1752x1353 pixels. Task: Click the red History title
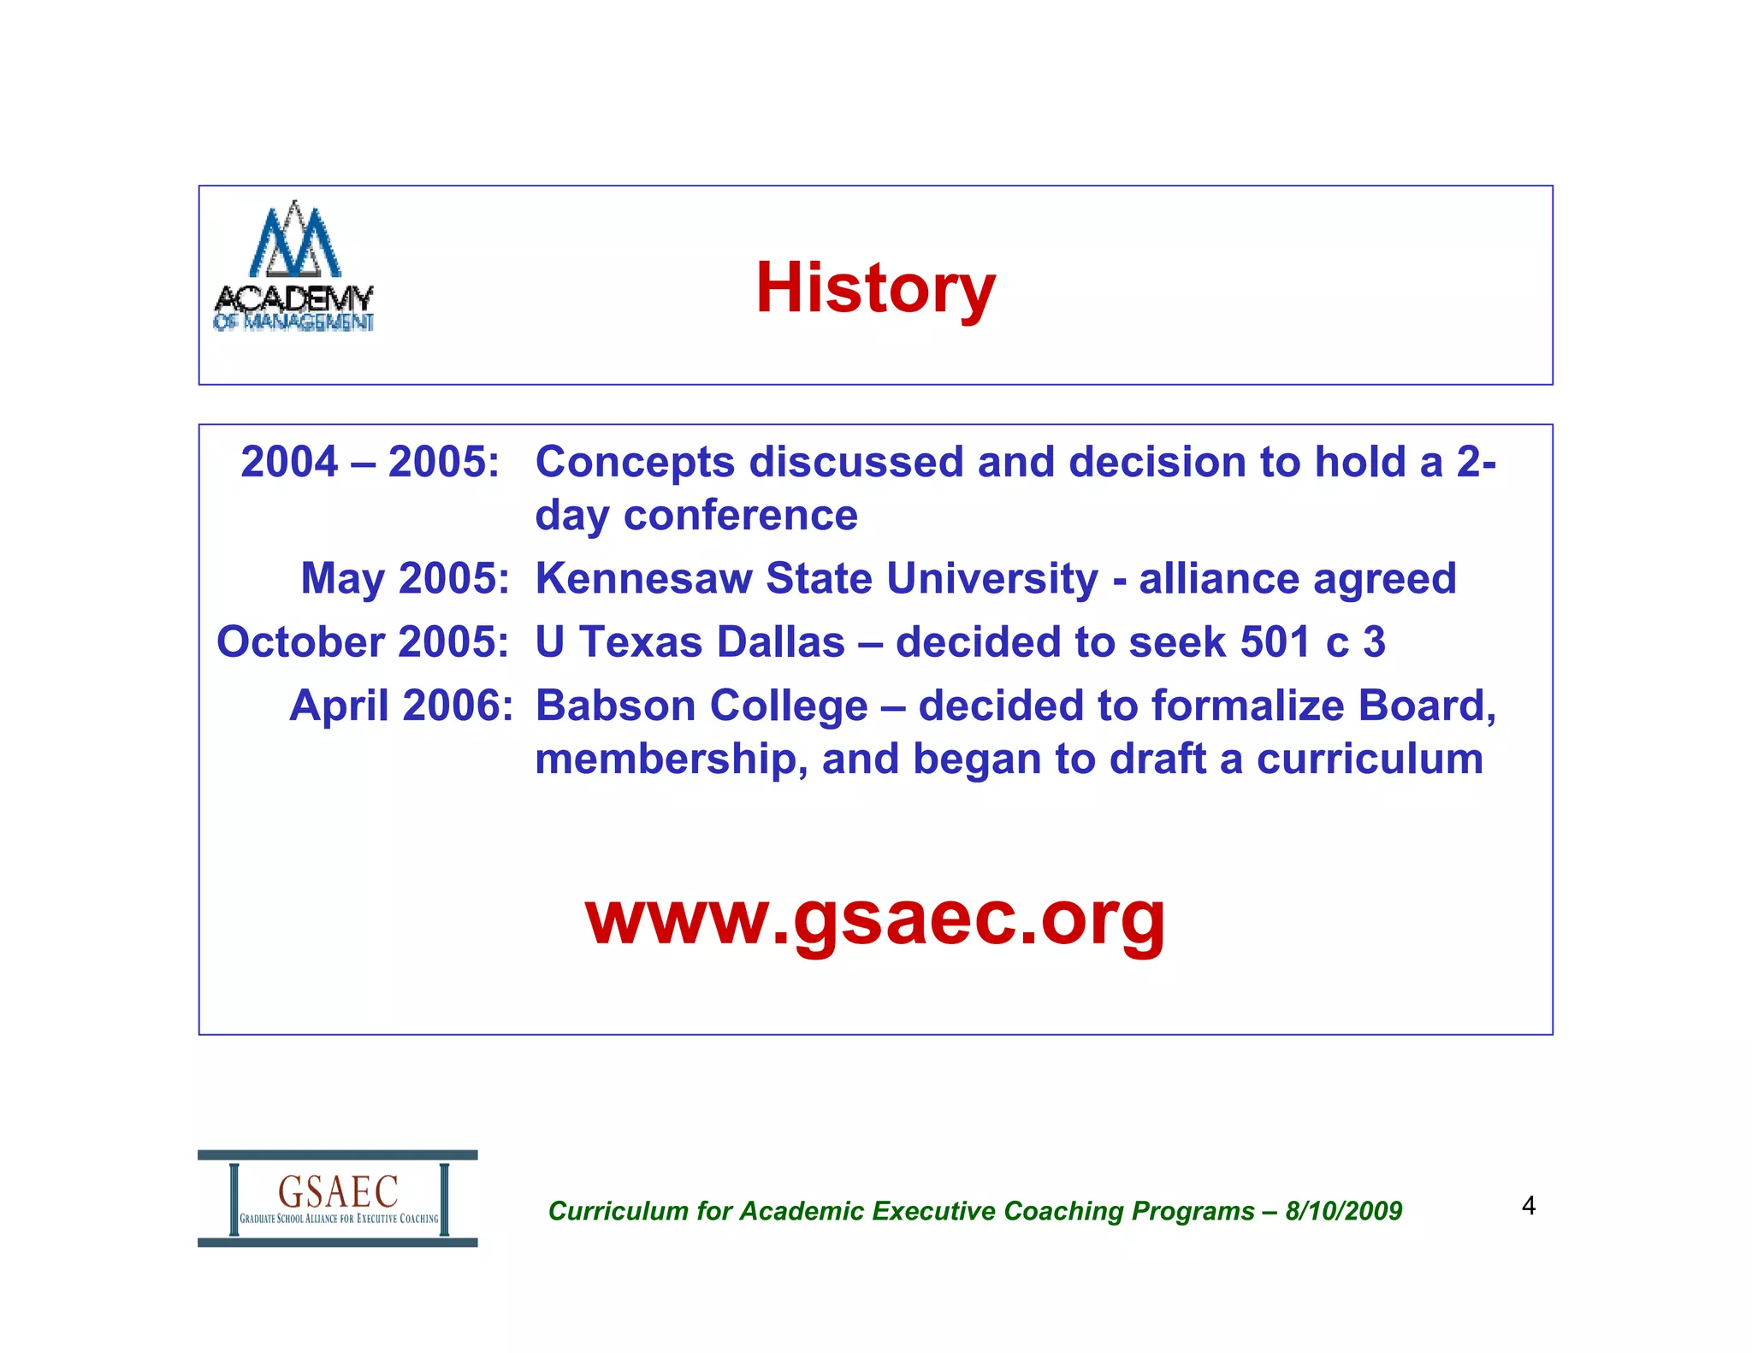coord(875,288)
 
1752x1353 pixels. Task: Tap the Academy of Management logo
coord(293,266)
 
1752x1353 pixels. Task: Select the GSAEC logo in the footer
coord(338,1198)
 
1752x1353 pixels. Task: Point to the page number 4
coord(1528,1206)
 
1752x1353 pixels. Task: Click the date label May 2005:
coord(405,578)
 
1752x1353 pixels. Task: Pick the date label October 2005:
coord(363,641)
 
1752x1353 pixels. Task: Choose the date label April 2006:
coord(400,706)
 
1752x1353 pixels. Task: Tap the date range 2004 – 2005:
coord(370,462)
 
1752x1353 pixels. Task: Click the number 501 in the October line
coord(1275,641)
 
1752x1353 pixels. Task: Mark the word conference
coord(740,516)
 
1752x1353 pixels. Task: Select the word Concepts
coord(635,463)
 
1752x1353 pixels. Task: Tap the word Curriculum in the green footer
coord(618,1211)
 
